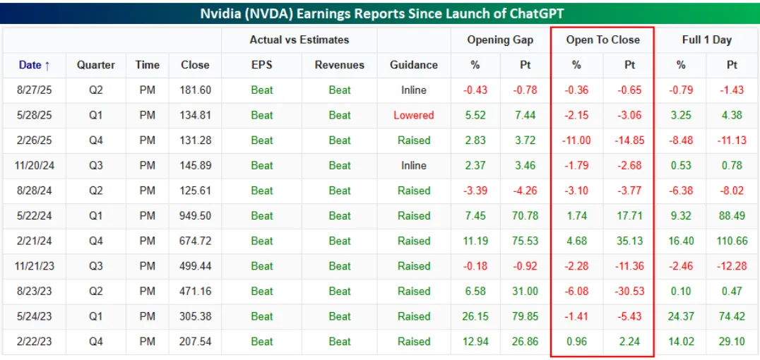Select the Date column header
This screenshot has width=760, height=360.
pos(35,65)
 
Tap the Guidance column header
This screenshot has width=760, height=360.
pos(413,65)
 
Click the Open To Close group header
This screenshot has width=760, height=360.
pos(602,40)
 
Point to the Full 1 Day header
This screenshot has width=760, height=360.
pos(706,40)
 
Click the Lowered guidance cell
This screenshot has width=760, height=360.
pos(413,115)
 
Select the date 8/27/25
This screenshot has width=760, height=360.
pos(35,90)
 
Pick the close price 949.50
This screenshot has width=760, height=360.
pos(195,216)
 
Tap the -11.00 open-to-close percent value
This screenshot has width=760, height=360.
pos(576,140)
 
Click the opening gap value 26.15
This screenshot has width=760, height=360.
pos(474,316)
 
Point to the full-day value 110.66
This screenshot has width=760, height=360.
pos(731,241)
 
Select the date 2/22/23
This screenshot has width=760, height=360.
pos(35,342)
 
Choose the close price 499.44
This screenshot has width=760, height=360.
pos(195,266)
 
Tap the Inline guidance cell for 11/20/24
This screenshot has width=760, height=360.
pos(413,166)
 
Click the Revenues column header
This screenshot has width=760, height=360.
pos(340,65)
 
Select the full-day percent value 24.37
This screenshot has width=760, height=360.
pos(681,316)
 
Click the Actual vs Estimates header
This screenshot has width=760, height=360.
pos(299,40)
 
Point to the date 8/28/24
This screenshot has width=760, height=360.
pos(35,191)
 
